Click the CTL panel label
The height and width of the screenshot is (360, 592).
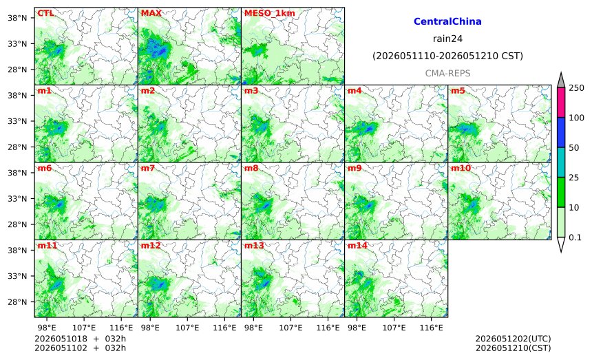[45, 13]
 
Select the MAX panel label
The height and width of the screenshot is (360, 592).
[151, 13]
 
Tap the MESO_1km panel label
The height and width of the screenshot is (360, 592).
[270, 13]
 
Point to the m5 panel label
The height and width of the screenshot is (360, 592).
[458, 91]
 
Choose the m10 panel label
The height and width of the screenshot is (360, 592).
[461, 168]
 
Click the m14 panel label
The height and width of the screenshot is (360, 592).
[357, 246]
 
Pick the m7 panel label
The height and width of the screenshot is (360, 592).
[148, 168]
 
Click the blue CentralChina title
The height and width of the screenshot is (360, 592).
[447, 21]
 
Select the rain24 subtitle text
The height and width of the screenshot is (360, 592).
[447, 39]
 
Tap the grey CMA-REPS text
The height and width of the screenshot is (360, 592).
[447, 73]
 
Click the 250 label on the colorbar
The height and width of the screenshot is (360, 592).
[577, 88]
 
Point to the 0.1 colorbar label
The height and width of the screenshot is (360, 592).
[575, 237]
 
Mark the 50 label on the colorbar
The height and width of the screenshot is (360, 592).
[574, 147]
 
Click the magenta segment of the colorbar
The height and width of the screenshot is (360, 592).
[561, 103]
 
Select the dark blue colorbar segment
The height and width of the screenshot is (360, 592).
[561, 132]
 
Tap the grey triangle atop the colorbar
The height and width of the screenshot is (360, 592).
[561, 81]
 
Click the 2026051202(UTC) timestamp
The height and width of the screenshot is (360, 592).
[513, 339]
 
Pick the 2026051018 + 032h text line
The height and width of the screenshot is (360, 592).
[80, 339]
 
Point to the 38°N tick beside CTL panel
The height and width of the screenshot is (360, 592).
[17, 18]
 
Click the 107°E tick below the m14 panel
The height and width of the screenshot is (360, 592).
[394, 328]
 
